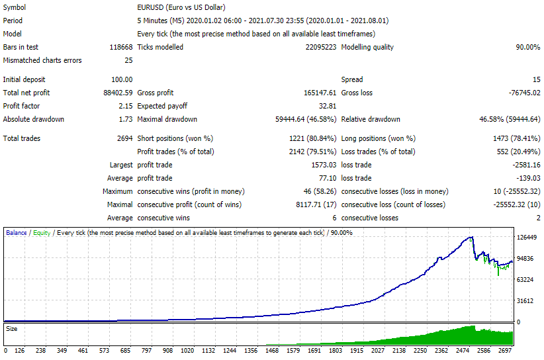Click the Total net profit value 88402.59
pyautogui.click(x=118, y=93)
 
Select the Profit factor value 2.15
pyautogui.click(x=126, y=106)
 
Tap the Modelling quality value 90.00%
pyautogui.click(x=527, y=47)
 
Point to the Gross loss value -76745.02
pyautogui.click(x=524, y=93)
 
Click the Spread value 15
pyautogui.click(x=537, y=79)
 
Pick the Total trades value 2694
pyautogui.click(x=125, y=138)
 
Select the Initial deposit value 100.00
pyautogui.click(x=122, y=79)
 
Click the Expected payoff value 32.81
pyautogui.click(x=328, y=106)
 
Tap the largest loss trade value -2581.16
pyautogui.click(x=526, y=165)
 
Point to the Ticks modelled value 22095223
pyautogui.click(x=321, y=47)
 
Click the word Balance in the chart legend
pyautogui.click(x=17, y=233)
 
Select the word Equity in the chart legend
pyautogui.click(x=42, y=233)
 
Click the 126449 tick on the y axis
pyautogui.click(x=527, y=237)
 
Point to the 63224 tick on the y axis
pyautogui.click(x=525, y=279)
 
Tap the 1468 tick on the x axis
pyautogui.click(x=272, y=350)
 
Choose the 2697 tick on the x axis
pyautogui.click(x=505, y=350)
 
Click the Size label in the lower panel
pyautogui.click(x=11, y=328)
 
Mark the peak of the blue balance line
pyautogui.click(x=471, y=237)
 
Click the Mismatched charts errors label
pyautogui.click(x=42, y=60)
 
